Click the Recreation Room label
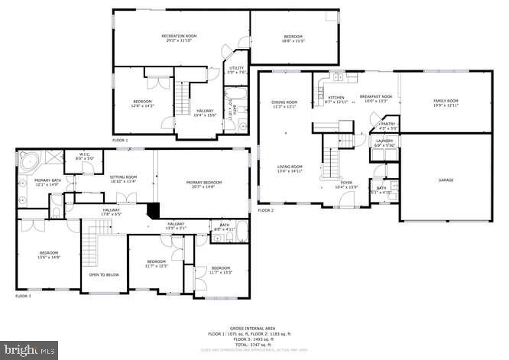click(x=179, y=37)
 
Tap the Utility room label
click(x=237, y=70)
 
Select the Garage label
click(x=446, y=180)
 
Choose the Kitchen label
click(x=336, y=99)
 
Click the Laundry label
click(x=384, y=143)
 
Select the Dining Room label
click(x=284, y=104)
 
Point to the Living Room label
click(x=290, y=169)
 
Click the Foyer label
click(x=346, y=184)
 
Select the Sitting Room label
click(x=122, y=179)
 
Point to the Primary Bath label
click(x=47, y=183)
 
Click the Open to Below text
click(x=103, y=274)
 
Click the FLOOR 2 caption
click(x=265, y=210)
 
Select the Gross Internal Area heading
click(x=254, y=326)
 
